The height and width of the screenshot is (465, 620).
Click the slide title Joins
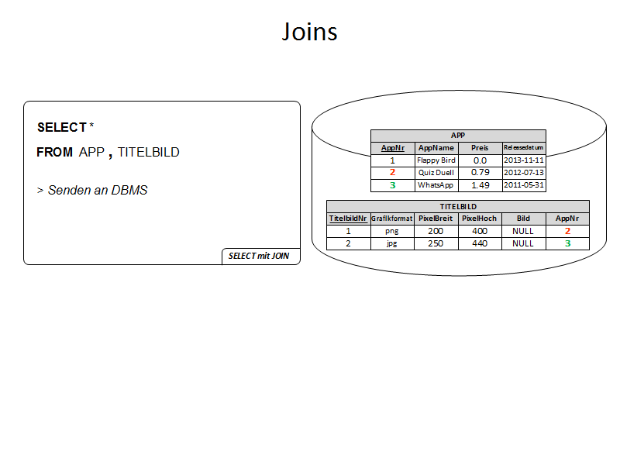point(309,33)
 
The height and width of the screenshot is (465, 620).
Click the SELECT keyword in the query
point(61,127)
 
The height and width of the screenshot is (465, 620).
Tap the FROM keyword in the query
point(54,153)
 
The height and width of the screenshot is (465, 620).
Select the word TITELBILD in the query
point(148,153)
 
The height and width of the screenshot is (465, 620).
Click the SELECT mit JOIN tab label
point(259,256)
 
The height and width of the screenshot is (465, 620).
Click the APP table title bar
point(458,135)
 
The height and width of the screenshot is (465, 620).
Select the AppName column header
point(436,147)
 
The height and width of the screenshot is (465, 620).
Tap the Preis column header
point(480,147)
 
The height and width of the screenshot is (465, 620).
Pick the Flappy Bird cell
point(436,160)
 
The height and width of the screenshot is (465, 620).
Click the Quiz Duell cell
point(436,172)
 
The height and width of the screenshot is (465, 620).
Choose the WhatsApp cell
point(436,185)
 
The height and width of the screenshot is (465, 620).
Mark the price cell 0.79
point(480,172)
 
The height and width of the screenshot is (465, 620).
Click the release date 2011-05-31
point(524,185)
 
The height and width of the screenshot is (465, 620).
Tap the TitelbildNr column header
point(348,219)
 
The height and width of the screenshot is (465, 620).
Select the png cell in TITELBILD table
point(391,231)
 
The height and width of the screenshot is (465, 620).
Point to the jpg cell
point(391,243)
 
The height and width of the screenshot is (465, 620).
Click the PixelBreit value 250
point(436,243)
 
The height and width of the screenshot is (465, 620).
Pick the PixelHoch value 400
point(480,231)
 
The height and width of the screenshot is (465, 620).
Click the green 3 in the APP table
point(392,185)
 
